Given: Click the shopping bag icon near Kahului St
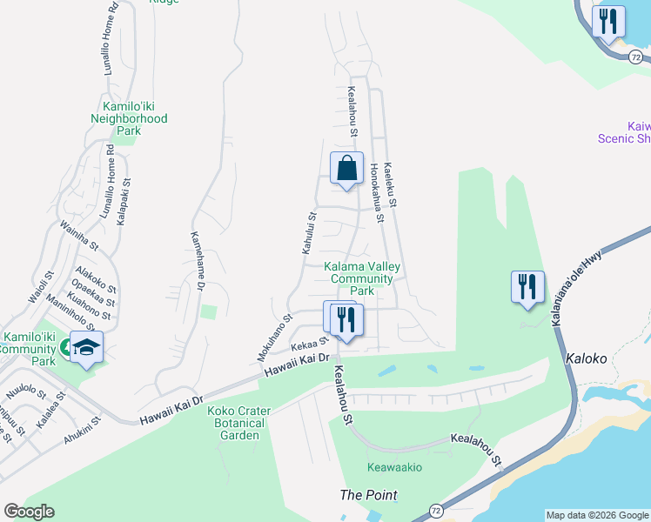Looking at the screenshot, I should click(346, 169).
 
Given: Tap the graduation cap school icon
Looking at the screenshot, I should click(86, 347).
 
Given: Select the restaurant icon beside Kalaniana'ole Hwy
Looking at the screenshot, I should click(527, 287).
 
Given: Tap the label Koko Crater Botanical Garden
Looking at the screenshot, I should click(239, 423).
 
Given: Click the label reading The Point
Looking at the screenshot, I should click(368, 495).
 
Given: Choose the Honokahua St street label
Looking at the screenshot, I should click(376, 193).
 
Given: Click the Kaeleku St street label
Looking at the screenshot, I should click(391, 184).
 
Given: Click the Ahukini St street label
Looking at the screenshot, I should click(83, 431).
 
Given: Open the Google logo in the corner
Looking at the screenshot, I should click(29, 512).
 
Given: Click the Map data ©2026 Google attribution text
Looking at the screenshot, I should click(596, 515).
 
